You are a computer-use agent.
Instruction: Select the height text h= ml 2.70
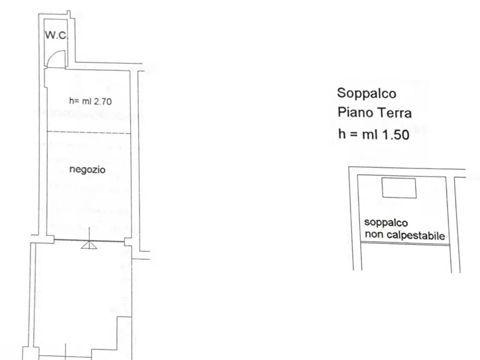(x=90, y=100)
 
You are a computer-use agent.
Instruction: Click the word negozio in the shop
(x=88, y=170)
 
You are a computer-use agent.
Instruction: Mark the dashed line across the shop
(x=89, y=132)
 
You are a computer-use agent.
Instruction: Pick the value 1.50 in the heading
(x=395, y=134)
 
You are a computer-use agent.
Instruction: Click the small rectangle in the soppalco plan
(x=398, y=189)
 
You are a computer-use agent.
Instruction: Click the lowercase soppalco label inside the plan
(x=386, y=222)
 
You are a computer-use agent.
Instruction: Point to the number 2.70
(x=102, y=100)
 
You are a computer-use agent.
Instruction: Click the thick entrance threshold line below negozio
(x=89, y=240)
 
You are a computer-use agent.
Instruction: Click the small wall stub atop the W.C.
(x=69, y=13)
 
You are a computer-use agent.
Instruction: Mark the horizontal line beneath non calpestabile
(x=405, y=243)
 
